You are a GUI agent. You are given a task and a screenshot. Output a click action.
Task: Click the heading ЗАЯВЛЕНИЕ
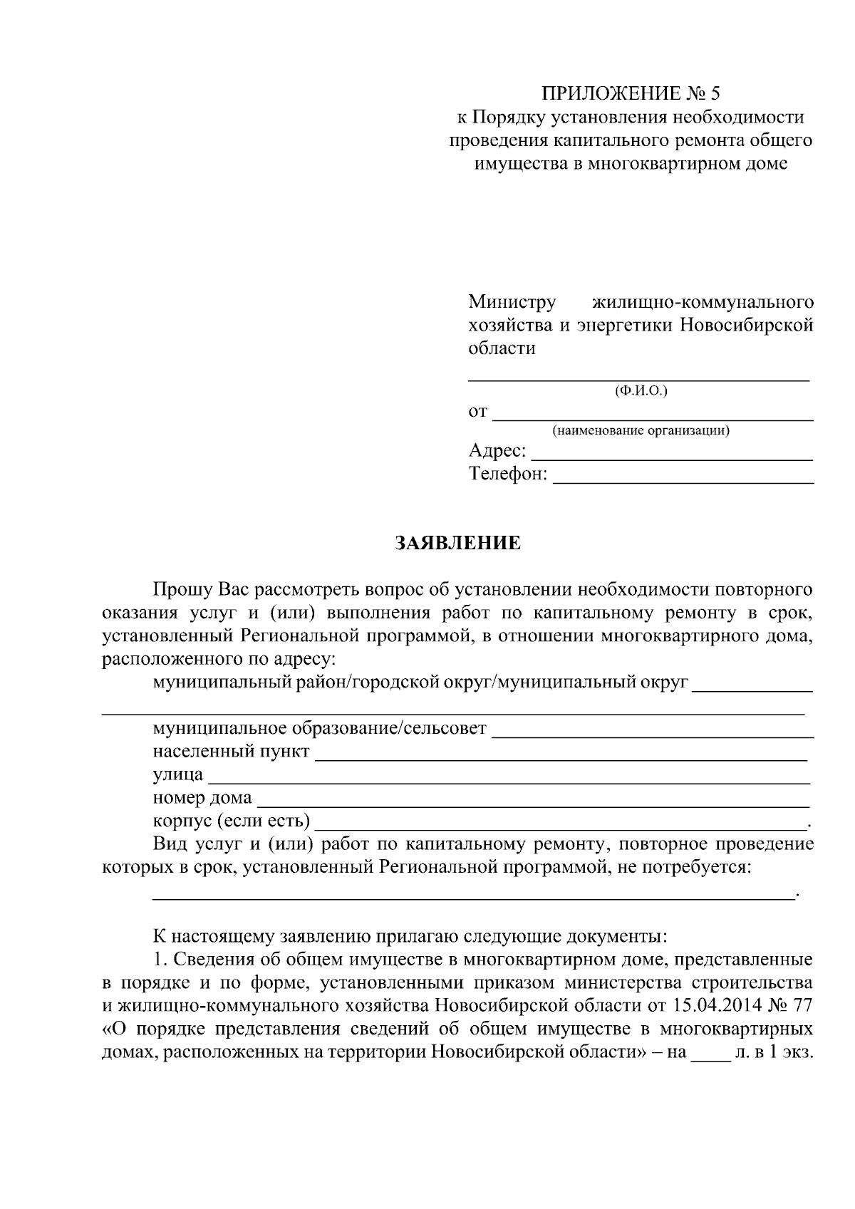[x=458, y=544]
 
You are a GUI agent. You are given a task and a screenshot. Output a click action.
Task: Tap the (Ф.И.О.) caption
[x=641, y=390]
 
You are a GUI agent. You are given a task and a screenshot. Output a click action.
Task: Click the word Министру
[x=512, y=302]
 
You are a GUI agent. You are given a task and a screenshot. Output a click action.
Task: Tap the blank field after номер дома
[x=532, y=803]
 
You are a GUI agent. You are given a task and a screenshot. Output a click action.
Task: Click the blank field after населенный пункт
[x=561, y=757]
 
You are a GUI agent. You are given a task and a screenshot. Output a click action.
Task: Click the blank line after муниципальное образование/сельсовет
[x=653, y=733]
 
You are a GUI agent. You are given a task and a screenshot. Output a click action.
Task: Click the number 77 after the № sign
[x=802, y=1005]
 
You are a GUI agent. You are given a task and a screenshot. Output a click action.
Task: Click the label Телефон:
[x=508, y=474]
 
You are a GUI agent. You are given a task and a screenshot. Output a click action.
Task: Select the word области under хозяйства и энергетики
[x=502, y=348]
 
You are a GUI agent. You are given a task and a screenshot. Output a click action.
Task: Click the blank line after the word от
[x=653, y=416]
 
